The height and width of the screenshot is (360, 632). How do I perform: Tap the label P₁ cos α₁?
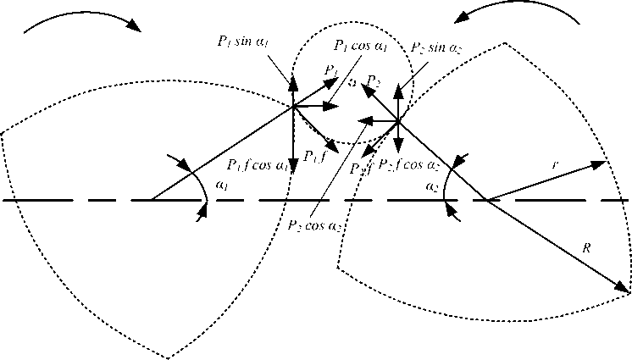[360, 45]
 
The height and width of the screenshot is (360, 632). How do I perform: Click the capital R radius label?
[585, 247]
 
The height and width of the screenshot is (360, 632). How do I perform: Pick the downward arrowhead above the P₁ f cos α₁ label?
[293, 162]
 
